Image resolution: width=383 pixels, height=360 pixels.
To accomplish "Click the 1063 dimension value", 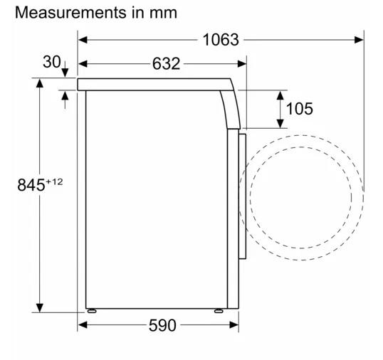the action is pyautogui.click(x=221, y=40).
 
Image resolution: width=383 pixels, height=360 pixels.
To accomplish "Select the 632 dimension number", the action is pyautogui.click(x=166, y=64).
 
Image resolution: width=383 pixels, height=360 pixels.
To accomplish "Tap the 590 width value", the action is pyautogui.click(x=162, y=325).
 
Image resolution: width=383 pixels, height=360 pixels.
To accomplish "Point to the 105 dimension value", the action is pyautogui.click(x=299, y=109).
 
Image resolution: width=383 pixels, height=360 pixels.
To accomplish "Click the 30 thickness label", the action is pyautogui.click(x=51, y=62).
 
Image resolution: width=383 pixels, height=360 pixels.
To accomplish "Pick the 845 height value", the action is pyautogui.click(x=31, y=185).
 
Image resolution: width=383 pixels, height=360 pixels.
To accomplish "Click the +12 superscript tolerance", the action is pyautogui.click(x=54, y=182).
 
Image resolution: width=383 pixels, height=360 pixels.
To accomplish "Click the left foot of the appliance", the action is pyautogui.click(x=92, y=311).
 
